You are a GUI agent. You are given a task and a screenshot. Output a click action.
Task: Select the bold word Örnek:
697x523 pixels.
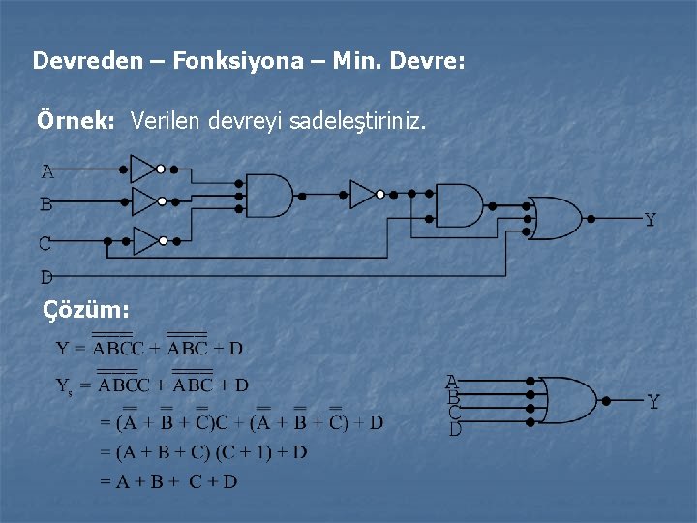pos(76,122)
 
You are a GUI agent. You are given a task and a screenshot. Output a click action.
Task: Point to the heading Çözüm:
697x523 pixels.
pos(86,310)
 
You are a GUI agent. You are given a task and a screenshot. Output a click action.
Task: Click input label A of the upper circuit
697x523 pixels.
pos(46,173)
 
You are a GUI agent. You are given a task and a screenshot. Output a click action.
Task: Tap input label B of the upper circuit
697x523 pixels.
pos(46,205)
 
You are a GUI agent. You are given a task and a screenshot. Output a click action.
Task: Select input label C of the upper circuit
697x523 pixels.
pos(45,243)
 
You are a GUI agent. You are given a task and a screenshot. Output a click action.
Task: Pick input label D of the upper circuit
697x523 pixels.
pos(46,277)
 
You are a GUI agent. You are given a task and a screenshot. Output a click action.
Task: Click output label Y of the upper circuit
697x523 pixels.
pos(650,221)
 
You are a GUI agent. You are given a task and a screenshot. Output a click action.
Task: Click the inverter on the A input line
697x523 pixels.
pos(143,169)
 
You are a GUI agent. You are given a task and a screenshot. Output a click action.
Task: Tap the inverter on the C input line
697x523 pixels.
pos(146,240)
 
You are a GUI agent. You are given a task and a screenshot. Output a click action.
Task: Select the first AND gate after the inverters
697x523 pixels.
pos(270,196)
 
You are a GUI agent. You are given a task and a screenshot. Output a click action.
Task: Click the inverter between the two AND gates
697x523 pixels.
pos(363,194)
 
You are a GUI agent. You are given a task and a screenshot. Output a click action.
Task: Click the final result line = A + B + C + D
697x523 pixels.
pos(168,481)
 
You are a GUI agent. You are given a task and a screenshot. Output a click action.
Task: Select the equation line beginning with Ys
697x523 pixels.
pos(153,385)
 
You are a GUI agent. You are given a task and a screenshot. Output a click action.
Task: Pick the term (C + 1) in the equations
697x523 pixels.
pos(239,452)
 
